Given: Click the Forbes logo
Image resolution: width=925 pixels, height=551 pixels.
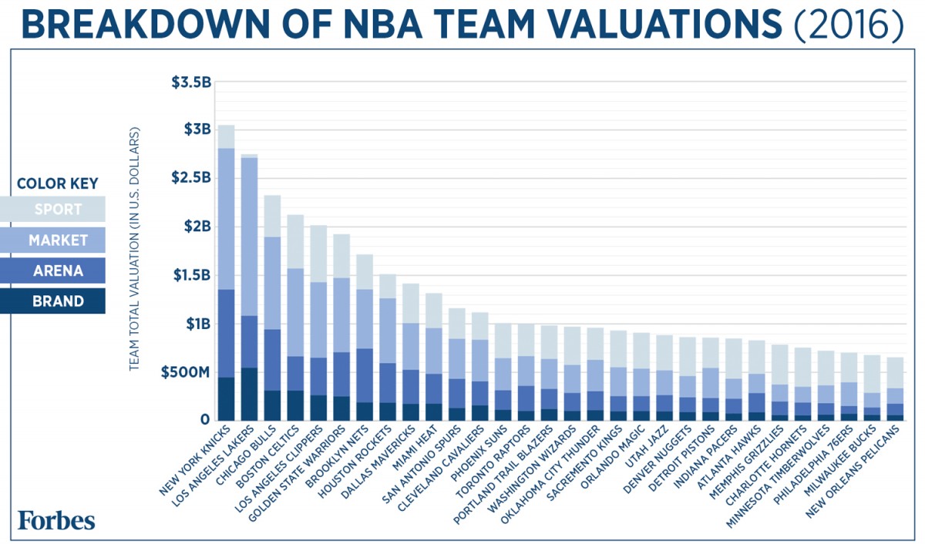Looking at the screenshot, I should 57,520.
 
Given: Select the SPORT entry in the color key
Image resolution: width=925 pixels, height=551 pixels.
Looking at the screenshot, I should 59,209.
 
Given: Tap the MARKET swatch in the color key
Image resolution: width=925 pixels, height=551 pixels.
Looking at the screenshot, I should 59,240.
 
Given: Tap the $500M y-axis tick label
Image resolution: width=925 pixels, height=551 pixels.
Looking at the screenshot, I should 185,373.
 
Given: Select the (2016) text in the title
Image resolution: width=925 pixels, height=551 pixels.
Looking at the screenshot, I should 849,25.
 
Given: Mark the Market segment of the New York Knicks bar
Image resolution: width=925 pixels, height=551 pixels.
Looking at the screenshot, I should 226,219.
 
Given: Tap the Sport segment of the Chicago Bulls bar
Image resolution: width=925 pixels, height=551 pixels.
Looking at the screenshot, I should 272,216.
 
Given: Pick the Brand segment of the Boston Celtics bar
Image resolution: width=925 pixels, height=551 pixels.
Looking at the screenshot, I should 295,405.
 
